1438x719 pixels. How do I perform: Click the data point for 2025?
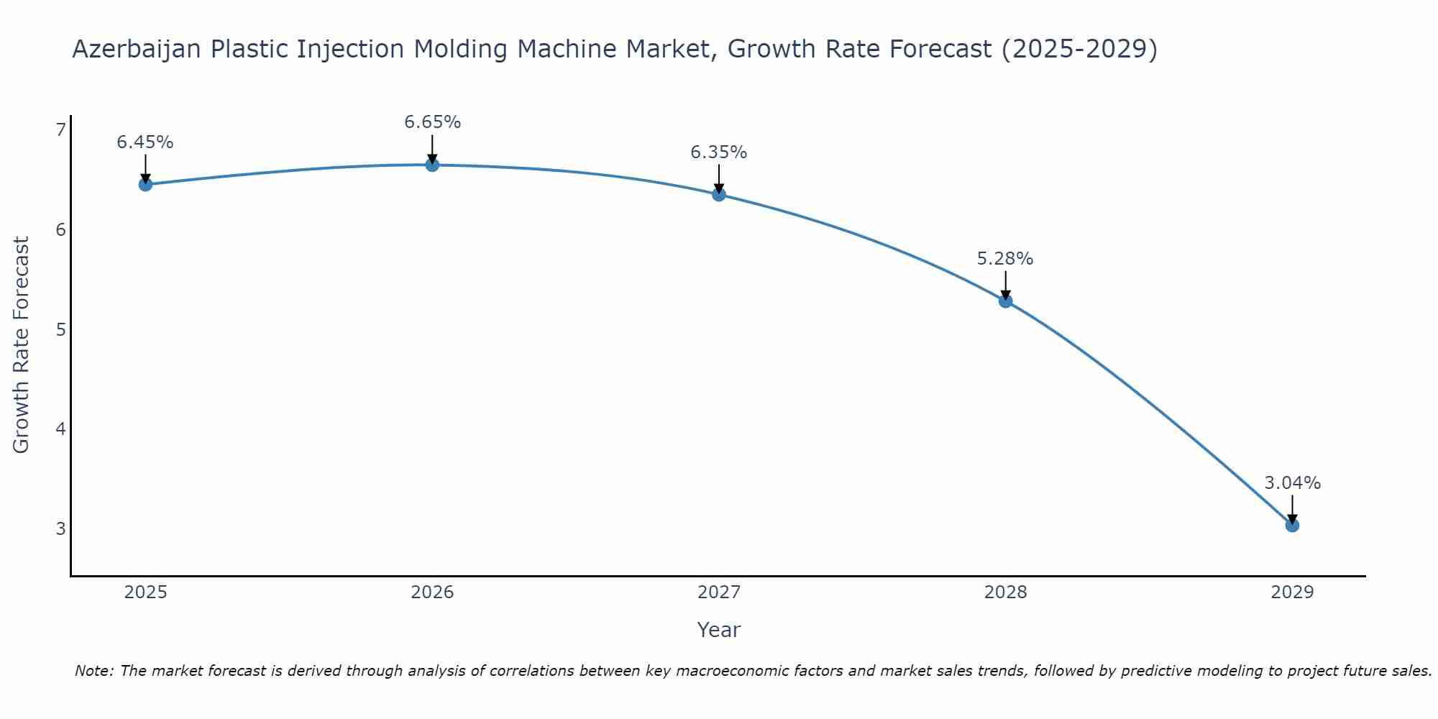(x=145, y=184)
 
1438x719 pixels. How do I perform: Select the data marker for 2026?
(x=432, y=165)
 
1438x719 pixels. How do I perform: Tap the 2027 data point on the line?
(x=719, y=194)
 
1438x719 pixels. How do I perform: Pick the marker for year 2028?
(x=1005, y=301)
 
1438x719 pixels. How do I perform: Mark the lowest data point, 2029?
(x=1292, y=526)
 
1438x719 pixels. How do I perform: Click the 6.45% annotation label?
(x=145, y=142)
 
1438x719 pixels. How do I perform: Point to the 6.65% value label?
(x=432, y=122)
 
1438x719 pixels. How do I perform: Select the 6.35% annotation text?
(x=719, y=152)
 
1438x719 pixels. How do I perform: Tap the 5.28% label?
(x=1005, y=259)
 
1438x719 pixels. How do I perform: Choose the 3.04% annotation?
(x=1292, y=483)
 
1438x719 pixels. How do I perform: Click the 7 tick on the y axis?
(x=60, y=129)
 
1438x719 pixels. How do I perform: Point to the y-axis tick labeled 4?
(x=60, y=429)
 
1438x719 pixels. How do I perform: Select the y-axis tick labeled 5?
(x=60, y=329)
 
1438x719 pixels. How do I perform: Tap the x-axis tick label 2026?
(x=432, y=592)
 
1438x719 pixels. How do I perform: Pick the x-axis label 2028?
(x=1005, y=592)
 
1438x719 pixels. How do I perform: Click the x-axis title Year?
(x=719, y=630)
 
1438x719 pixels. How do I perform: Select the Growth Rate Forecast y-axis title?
(x=22, y=345)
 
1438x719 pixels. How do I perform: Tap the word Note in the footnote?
(x=93, y=671)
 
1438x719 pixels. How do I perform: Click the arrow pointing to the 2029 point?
(x=1292, y=509)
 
